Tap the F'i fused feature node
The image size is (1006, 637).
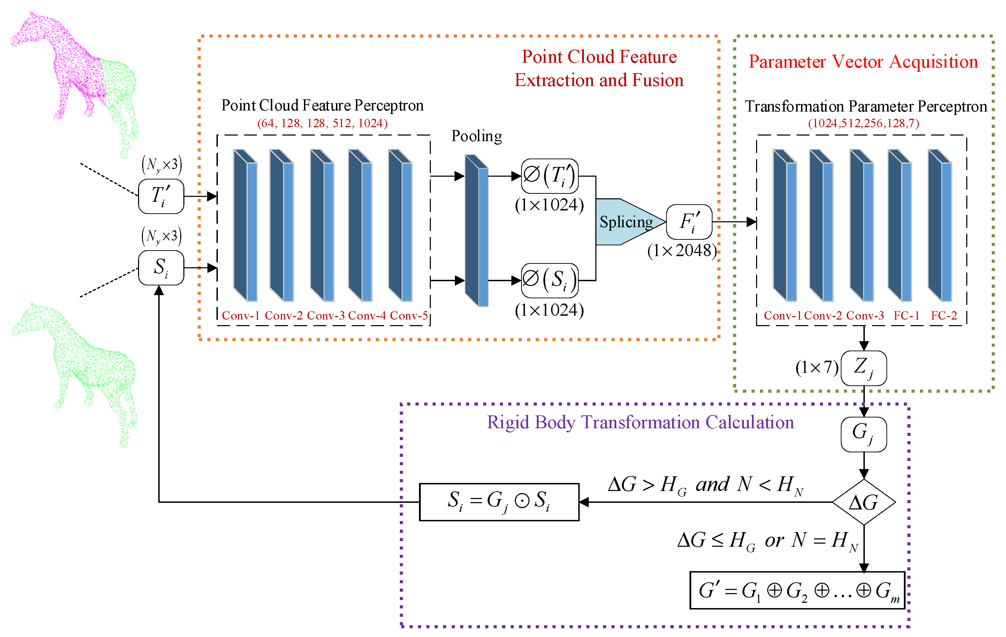click(689, 222)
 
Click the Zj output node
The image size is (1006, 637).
click(863, 368)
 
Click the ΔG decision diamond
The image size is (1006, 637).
click(863, 502)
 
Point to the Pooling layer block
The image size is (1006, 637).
click(477, 230)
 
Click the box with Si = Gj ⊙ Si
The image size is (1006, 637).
click(499, 502)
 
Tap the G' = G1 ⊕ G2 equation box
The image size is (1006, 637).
click(797, 590)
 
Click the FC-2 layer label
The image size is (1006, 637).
click(944, 315)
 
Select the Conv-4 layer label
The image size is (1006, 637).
click(367, 315)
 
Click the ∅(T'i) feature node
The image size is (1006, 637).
click(550, 176)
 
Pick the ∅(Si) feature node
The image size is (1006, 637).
click(550, 280)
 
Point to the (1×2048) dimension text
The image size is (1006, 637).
click(682, 251)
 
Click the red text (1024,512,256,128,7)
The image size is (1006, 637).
click(863, 123)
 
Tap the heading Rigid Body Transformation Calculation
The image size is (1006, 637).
click(640, 422)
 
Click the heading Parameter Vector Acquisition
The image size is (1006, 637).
click(863, 62)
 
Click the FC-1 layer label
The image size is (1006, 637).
click(907, 315)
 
